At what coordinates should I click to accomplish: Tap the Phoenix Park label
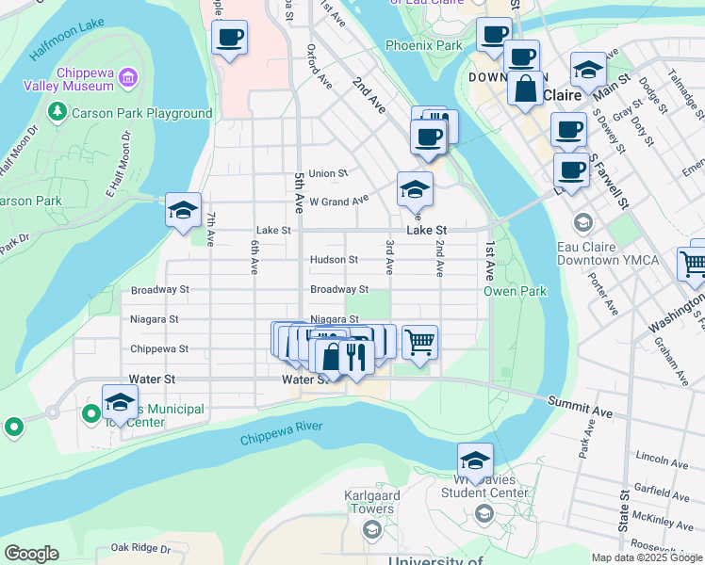click(x=423, y=45)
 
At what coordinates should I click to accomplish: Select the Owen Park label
click(x=515, y=291)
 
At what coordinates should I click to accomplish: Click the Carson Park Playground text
click(x=143, y=113)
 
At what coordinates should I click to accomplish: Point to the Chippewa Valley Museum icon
click(x=130, y=76)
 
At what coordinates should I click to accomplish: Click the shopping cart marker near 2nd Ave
click(x=419, y=342)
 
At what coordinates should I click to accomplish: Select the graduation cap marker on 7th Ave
click(x=183, y=210)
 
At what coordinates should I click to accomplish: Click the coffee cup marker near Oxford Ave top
click(x=229, y=38)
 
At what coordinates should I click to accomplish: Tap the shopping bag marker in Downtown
click(x=525, y=89)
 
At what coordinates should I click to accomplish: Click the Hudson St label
click(x=334, y=260)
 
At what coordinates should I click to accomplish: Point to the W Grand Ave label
click(x=338, y=202)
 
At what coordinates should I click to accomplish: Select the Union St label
click(x=328, y=173)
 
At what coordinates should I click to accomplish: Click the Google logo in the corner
click(x=30, y=554)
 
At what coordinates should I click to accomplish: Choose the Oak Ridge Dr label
click(x=139, y=547)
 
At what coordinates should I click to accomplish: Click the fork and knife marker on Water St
click(x=355, y=357)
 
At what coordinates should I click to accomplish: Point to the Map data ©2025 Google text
click(x=646, y=557)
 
